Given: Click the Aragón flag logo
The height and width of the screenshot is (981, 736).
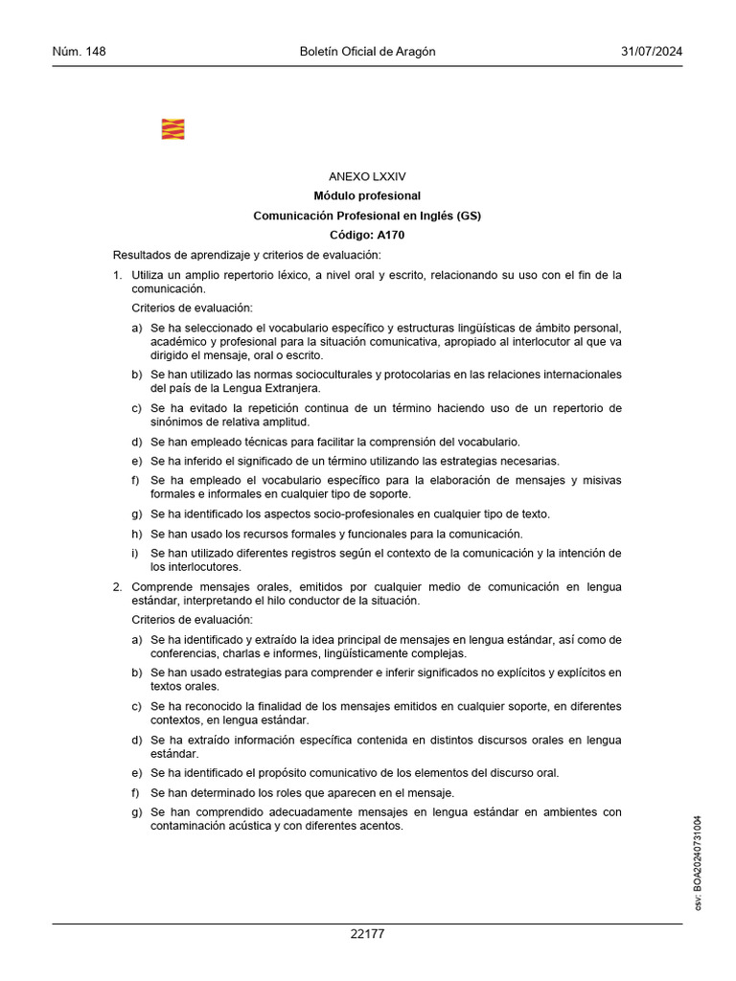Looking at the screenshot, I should (x=173, y=128).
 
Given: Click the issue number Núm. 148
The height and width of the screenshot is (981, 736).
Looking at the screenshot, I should (x=79, y=52).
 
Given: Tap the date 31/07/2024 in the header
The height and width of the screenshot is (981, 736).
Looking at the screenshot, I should (x=652, y=52).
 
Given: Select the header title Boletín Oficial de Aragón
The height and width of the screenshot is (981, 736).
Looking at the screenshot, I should (x=368, y=52).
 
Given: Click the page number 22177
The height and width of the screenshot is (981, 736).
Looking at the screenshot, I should (x=367, y=933).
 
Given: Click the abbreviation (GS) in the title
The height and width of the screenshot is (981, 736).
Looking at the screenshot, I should (x=469, y=216).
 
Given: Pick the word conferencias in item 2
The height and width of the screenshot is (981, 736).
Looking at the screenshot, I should (x=184, y=654).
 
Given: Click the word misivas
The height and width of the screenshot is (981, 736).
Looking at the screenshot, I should (x=603, y=480).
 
